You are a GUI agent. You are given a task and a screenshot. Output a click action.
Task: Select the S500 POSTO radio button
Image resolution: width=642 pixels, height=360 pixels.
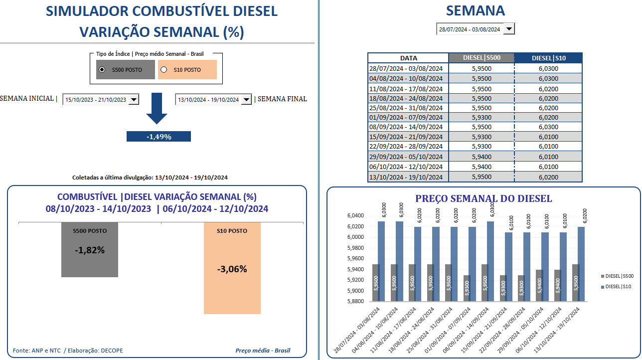(x=102, y=70)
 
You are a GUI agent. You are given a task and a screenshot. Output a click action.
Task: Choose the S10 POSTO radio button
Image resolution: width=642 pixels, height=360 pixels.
(x=164, y=70)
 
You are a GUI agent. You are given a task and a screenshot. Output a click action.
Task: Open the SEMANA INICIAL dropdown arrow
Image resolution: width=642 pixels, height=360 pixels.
(x=133, y=100)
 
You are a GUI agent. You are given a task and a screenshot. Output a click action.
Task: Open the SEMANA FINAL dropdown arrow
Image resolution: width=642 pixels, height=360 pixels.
(x=246, y=100)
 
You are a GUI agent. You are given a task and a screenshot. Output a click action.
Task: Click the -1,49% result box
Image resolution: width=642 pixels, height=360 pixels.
(x=159, y=137)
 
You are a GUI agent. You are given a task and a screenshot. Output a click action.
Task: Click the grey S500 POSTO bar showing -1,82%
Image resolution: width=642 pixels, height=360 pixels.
(x=90, y=250)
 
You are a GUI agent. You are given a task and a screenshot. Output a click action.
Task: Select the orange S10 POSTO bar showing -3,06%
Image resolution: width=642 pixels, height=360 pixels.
(x=232, y=269)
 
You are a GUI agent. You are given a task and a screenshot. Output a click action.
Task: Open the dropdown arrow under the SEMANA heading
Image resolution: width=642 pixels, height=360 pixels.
(x=508, y=29)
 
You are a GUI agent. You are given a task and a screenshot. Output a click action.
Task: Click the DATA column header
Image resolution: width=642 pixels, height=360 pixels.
(x=408, y=58)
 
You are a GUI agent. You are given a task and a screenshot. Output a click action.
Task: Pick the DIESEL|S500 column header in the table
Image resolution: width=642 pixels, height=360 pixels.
(x=481, y=58)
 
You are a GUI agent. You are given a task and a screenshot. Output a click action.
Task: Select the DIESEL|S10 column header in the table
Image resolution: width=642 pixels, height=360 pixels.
(x=548, y=58)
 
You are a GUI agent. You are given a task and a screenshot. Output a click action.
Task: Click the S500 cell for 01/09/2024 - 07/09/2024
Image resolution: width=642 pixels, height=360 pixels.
(x=481, y=117)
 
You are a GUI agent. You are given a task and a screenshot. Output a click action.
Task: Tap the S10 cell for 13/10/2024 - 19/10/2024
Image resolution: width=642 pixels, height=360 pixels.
(x=548, y=177)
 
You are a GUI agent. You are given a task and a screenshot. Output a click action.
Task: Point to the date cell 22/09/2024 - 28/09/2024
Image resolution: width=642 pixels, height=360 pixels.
(x=408, y=147)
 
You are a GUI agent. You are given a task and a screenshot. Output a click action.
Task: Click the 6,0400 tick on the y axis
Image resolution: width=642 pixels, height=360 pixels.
(x=355, y=216)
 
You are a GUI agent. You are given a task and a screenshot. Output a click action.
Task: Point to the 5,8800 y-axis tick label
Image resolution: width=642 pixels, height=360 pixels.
(x=355, y=302)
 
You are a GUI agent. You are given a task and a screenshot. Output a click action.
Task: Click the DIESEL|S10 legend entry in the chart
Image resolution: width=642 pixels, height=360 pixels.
(x=618, y=287)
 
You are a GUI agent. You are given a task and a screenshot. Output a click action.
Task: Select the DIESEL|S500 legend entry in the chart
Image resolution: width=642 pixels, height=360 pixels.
(x=618, y=276)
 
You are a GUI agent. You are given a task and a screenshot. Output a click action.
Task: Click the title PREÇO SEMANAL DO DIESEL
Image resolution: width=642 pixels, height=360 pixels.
(x=483, y=198)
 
